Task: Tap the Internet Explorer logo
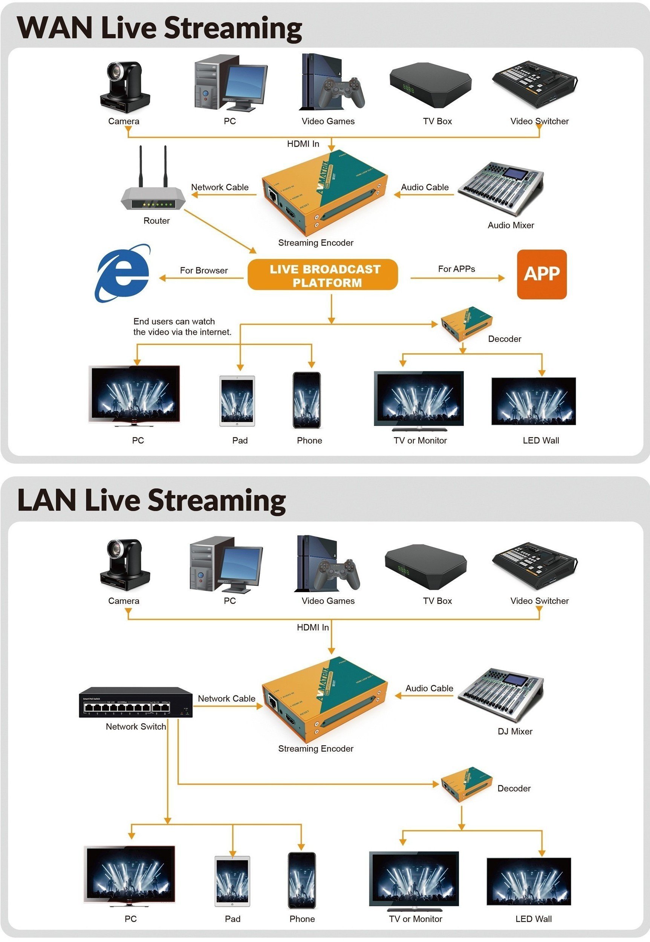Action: [122, 273]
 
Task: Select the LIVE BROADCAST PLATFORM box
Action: [323, 275]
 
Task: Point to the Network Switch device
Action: [136, 702]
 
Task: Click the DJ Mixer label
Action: [515, 731]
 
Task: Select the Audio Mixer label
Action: [511, 225]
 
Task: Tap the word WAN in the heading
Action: [55, 28]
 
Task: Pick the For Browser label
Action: [203, 271]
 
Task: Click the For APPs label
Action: [456, 269]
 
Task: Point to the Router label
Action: [156, 221]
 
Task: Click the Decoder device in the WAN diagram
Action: [466, 323]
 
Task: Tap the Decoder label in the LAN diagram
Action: [514, 789]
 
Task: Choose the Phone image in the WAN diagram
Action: [306, 400]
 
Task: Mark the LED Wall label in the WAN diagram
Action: [540, 440]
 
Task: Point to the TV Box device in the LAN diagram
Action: [425, 566]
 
